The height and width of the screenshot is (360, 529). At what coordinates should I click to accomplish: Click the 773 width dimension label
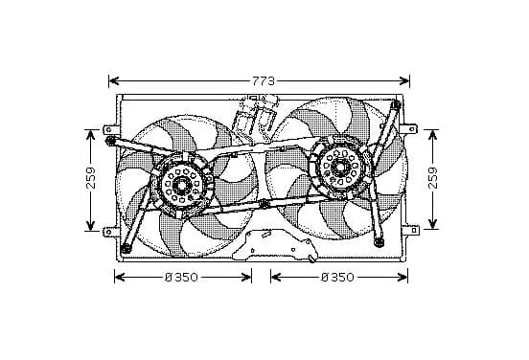(264, 81)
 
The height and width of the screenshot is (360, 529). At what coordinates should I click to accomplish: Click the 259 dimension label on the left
(91, 178)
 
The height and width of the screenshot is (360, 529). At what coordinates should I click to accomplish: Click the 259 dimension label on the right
(432, 178)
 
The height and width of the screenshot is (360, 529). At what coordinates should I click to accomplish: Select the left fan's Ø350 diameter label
(181, 278)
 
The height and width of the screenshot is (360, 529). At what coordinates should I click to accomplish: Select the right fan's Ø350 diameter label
(337, 278)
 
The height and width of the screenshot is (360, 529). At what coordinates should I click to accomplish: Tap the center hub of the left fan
(182, 185)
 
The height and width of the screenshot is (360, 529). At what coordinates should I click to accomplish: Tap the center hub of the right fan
(338, 167)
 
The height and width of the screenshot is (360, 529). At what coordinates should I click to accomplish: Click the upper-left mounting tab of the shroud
(110, 129)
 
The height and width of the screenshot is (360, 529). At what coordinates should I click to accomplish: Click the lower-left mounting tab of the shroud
(110, 232)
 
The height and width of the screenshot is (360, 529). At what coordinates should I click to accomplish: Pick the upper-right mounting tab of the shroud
(410, 128)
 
